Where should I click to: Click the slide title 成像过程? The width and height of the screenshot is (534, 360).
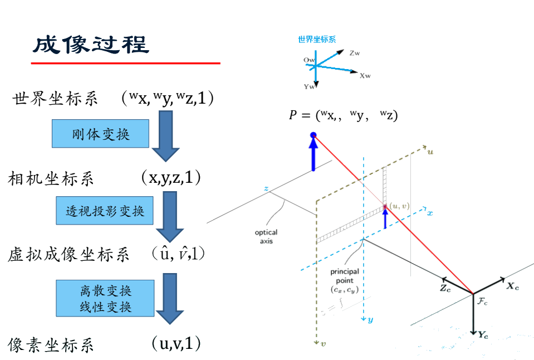click(x=91, y=45)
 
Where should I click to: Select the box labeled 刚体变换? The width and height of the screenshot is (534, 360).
click(x=101, y=134)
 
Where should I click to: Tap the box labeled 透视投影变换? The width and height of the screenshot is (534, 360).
click(x=105, y=211)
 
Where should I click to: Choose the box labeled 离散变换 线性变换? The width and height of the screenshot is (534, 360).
click(x=105, y=298)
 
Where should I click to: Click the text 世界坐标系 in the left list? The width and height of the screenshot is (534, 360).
click(x=55, y=99)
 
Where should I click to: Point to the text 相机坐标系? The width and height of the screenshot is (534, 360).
click(x=51, y=179)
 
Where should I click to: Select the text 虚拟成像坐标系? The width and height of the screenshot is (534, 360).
click(x=69, y=255)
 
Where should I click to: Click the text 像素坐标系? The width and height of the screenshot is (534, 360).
click(x=51, y=345)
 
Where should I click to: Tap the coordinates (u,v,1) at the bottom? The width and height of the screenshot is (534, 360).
click(x=176, y=343)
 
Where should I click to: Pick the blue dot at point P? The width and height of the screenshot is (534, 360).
click(x=313, y=135)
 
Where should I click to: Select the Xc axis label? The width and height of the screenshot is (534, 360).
click(x=512, y=286)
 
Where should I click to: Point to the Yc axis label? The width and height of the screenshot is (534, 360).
click(x=483, y=334)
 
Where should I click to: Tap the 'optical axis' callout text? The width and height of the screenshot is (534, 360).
click(x=266, y=236)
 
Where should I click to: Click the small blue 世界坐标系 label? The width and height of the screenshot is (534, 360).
click(x=317, y=39)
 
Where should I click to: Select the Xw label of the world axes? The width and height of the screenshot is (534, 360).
click(x=365, y=75)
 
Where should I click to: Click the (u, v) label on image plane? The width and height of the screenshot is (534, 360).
click(x=399, y=206)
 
